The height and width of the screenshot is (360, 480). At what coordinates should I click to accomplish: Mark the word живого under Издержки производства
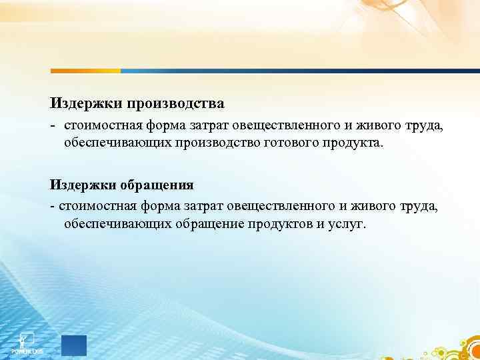pyautogui.click(x=377, y=125)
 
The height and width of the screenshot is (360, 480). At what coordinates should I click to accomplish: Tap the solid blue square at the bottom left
pyautogui.click(x=74, y=345)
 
